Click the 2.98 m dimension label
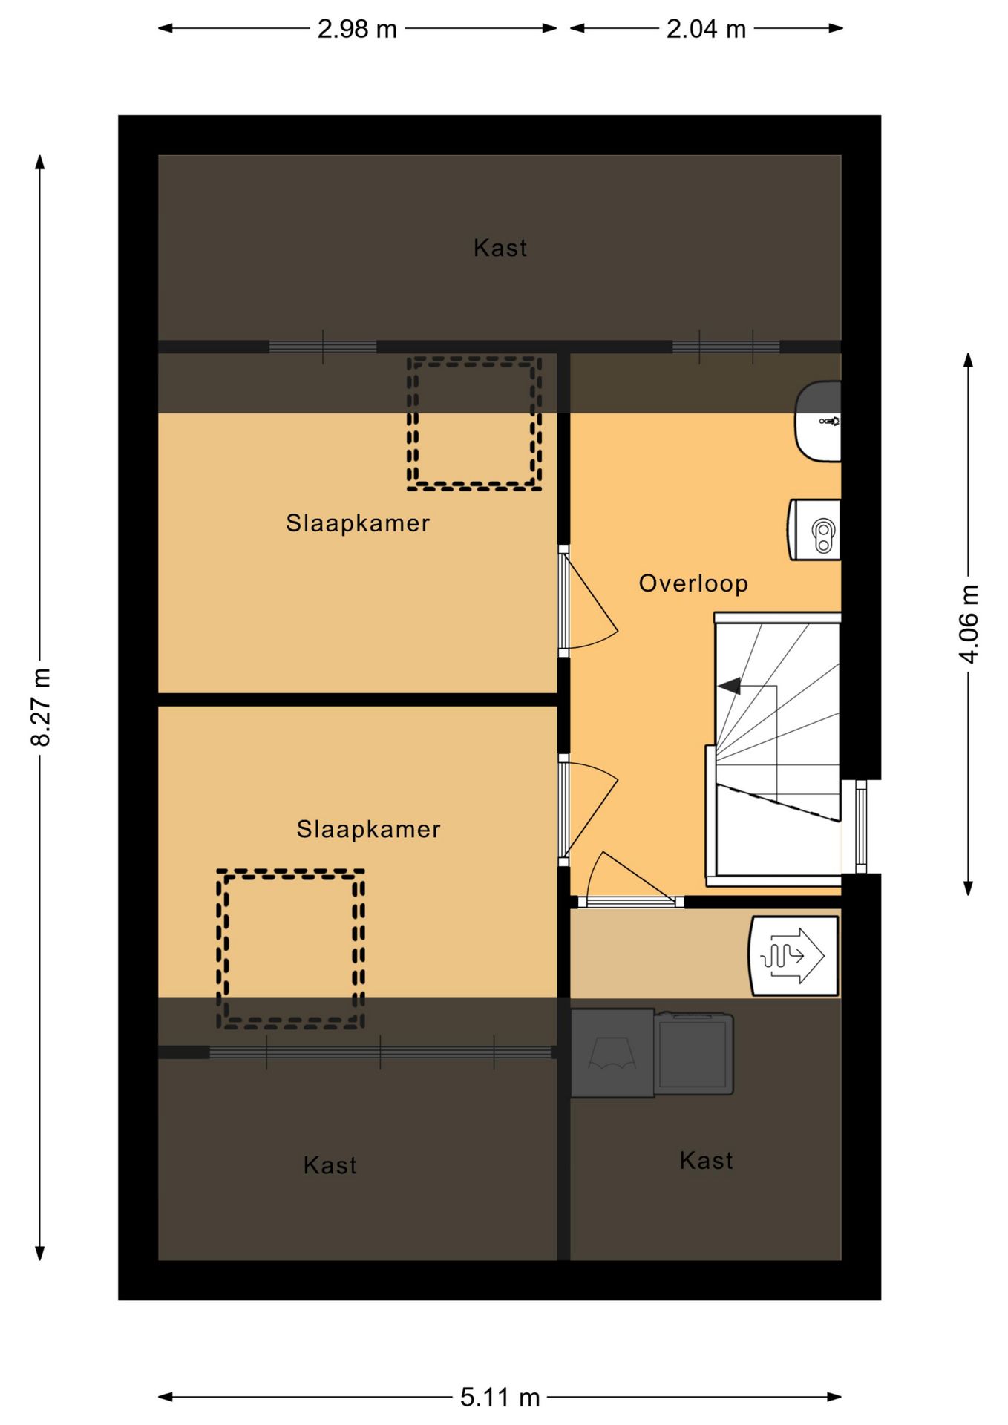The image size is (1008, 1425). click(x=357, y=30)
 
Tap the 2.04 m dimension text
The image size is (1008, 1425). click(x=706, y=30)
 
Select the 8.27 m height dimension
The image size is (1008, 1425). click(x=41, y=707)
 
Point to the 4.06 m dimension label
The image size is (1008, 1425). click(x=969, y=623)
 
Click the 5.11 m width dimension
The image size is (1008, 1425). click(x=500, y=1398)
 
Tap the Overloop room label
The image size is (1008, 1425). click(x=693, y=583)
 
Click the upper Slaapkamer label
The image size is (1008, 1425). click(x=358, y=523)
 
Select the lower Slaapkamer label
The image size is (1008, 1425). click(x=368, y=829)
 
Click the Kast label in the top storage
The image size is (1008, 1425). click(x=500, y=248)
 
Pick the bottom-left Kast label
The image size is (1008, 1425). click(x=330, y=1165)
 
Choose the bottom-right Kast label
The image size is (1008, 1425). click(x=706, y=1161)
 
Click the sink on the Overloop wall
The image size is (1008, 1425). click(x=819, y=421)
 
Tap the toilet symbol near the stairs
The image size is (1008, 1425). click(x=816, y=530)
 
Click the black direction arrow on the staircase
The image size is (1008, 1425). click(x=730, y=687)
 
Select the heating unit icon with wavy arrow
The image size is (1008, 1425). click(x=793, y=955)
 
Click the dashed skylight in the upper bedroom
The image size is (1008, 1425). click(x=474, y=423)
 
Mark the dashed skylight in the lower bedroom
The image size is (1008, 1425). click(x=290, y=949)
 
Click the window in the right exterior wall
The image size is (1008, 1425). click(x=860, y=826)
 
